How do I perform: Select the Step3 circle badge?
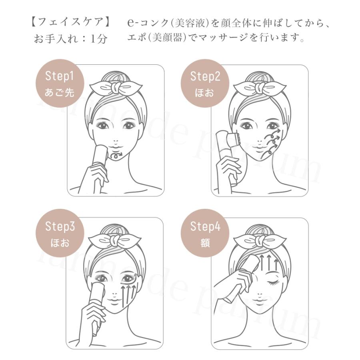(60, 234)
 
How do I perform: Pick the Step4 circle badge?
(205, 234)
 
